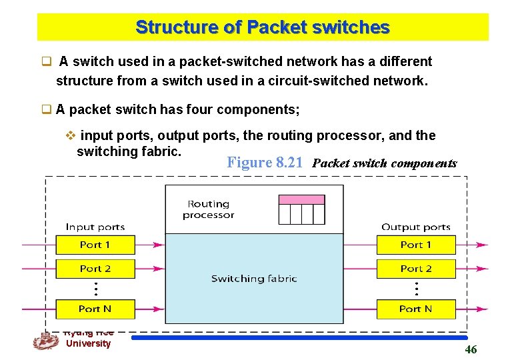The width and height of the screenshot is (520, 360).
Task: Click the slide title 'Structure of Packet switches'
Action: pyautogui.click(x=262, y=27)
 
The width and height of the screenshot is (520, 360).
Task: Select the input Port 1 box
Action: pyautogui.click(x=95, y=245)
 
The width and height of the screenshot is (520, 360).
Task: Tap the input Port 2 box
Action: pyautogui.click(x=95, y=269)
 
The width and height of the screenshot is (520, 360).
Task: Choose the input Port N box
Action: pyautogui.click(x=95, y=309)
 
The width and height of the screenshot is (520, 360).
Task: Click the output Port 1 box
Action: pyautogui.click(x=416, y=245)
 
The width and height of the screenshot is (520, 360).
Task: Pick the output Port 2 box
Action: pyautogui.click(x=416, y=269)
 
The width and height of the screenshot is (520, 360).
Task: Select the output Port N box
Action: pyautogui.click(x=416, y=309)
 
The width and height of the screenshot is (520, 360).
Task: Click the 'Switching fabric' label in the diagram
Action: pyautogui.click(x=254, y=279)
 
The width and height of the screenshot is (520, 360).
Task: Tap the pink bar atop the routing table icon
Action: pyautogui.click(x=301, y=199)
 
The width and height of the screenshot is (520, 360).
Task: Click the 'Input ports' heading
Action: pyautogui.click(x=95, y=227)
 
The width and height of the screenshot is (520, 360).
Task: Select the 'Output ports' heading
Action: pyautogui.click(x=416, y=227)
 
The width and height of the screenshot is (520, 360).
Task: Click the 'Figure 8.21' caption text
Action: pyautogui.click(x=266, y=163)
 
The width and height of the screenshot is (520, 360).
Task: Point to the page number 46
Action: pyautogui.click(x=471, y=350)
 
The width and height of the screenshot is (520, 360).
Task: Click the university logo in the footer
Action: pyautogui.click(x=45, y=341)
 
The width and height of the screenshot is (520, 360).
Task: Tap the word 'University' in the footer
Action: pyautogui.click(x=88, y=343)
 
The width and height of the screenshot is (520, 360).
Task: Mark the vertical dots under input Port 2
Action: pyautogui.click(x=96, y=289)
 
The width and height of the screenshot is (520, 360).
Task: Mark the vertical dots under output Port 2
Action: pyautogui.click(x=417, y=289)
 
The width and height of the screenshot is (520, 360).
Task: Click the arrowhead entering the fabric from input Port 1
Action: pyautogui.click(x=159, y=245)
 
